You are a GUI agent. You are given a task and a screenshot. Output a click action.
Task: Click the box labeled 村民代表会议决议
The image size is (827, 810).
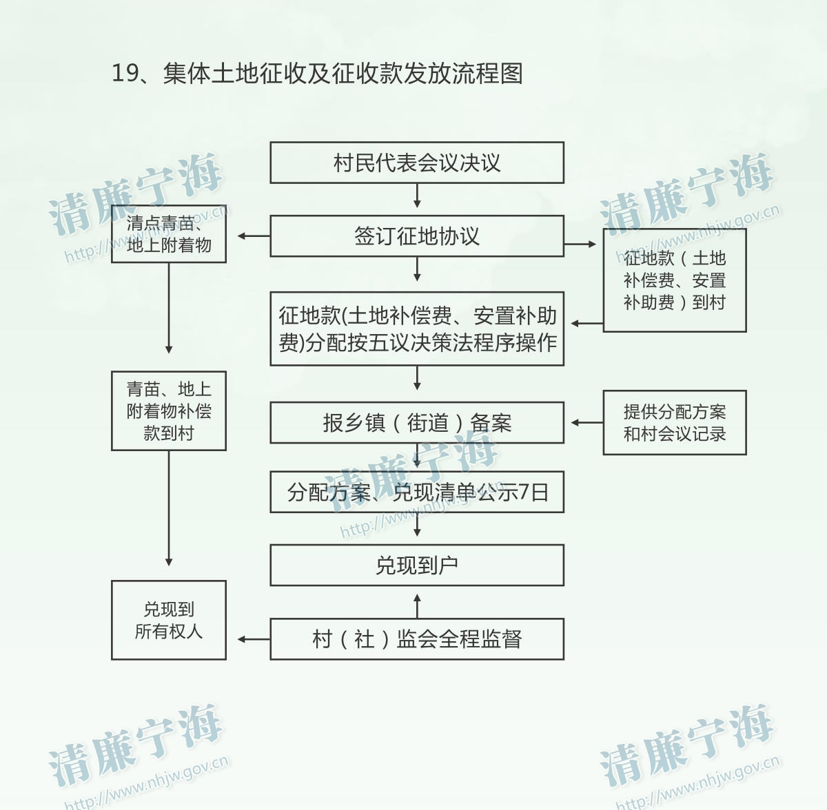click(417, 163)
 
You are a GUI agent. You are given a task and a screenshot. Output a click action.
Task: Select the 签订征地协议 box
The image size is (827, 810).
click(417, 236)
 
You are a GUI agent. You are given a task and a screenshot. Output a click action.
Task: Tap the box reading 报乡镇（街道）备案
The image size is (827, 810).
click(417, 422)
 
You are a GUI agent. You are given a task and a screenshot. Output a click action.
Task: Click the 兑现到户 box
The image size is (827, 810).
click(417, 565)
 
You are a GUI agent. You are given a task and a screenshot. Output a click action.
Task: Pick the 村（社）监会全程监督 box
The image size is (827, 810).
click(417, 638)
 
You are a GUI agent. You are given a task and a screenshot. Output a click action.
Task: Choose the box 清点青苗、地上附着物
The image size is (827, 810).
click(169, 233)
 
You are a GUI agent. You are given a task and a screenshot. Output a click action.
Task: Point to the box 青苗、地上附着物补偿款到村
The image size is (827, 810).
click(169, 411)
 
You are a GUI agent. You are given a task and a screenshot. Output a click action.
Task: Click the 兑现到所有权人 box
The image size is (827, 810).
click(169, 620)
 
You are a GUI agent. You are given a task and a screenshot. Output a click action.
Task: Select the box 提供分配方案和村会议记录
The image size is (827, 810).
click(675, 422)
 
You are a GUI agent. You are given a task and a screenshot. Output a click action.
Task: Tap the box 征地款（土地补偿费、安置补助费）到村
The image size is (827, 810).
click(675, 280)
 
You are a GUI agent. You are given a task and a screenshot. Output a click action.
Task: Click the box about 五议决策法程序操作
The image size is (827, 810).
click(417, 329)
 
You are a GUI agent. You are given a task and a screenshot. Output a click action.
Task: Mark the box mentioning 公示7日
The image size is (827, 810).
click(417, 492)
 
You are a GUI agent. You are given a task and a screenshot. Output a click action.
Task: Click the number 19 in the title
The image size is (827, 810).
click(125, 73)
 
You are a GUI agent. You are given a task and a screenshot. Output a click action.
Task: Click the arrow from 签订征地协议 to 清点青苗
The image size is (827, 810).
click(254, 236)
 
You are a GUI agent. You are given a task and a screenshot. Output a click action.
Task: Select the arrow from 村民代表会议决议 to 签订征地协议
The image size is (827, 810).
click(417, 196)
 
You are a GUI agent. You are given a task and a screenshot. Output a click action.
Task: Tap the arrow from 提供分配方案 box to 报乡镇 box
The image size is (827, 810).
click(586, 422)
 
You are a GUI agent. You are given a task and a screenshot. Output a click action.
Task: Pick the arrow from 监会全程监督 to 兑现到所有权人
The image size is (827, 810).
click(254, 639)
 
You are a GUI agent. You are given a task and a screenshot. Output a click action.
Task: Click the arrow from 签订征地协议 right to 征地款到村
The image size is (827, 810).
click(581, 244)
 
